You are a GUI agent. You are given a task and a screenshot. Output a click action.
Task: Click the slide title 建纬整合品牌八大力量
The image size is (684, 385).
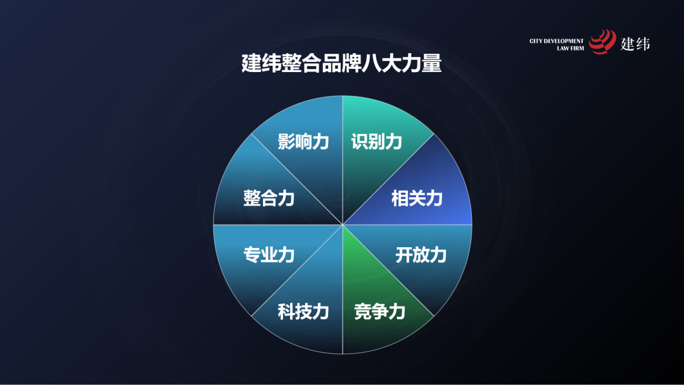tap(341, 63)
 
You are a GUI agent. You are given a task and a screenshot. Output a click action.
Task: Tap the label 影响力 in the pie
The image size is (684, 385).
tap(303, 141)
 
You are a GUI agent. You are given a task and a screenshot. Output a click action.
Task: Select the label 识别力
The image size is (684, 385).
tap(377, 141)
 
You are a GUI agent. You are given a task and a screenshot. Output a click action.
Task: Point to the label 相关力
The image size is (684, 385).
tap(417, 198)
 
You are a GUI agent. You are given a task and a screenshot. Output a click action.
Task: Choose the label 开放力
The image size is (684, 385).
tap(421, 255)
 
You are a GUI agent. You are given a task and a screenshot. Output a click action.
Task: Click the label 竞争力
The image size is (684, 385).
tap(379, 311)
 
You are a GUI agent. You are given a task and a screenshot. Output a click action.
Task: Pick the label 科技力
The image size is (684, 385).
tap(303, 311)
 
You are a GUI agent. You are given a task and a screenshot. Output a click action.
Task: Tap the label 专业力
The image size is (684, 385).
tap(269, 255)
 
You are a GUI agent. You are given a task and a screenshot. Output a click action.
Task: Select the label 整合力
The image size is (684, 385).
tap(269, 198)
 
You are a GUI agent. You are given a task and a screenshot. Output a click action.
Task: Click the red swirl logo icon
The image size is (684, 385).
tap(602, 42)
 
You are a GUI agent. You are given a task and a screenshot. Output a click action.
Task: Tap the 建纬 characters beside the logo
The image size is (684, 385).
tap(635, 43)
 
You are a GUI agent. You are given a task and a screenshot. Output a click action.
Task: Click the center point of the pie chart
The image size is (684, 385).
tap(343, 224)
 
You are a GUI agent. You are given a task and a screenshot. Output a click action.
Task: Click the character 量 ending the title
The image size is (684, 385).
tap(431, 63)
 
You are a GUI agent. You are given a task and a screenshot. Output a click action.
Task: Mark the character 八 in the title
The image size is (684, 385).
tap(371, 63)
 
